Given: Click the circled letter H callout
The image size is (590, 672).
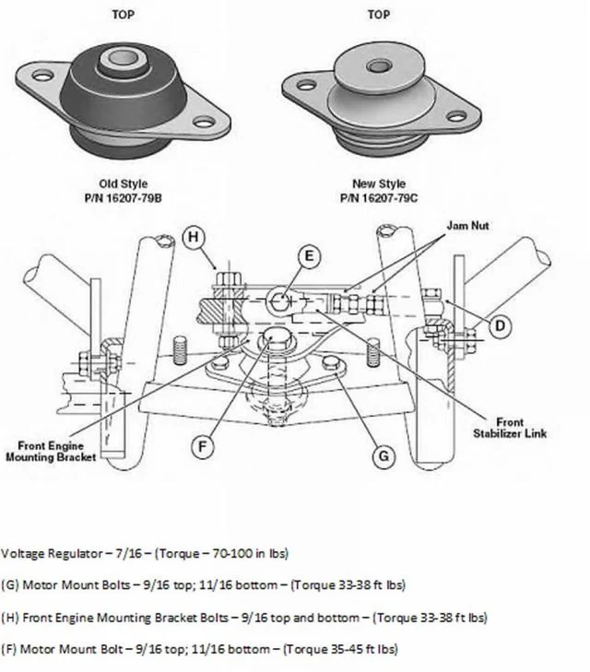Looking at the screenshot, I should point(193,237).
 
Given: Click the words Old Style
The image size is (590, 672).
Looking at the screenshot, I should point(123,183).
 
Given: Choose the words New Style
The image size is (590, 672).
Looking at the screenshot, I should point(378,183).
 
